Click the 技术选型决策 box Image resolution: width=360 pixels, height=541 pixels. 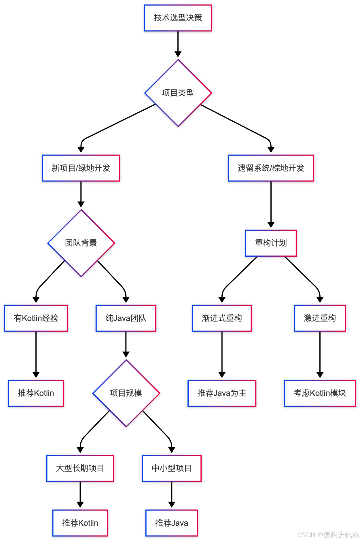tap(178, 18)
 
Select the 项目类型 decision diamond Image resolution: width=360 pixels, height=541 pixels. tap(178, 93)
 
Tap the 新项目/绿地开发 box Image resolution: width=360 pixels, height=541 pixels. tap(81, 168)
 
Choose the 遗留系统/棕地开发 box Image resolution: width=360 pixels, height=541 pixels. tap(271, 168)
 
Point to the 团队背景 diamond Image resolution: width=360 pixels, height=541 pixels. tap(81, 243)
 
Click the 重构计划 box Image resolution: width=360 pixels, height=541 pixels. tap(271, 243)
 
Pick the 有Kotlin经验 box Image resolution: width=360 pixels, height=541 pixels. tap(36, 318)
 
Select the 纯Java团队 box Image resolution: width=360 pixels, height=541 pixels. tap(126, 318)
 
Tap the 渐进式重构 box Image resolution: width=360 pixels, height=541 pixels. tap(222, 318)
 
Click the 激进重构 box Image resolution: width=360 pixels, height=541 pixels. tap(320, 318)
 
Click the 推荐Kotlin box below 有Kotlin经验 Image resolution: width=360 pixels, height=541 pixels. tap(36, 393)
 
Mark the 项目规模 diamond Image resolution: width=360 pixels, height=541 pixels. tap(126, 393)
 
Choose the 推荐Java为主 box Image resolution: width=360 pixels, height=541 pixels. tap(222, 393)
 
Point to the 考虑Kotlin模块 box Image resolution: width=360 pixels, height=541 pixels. tap(320, 393)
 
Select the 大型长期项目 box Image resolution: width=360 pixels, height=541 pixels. tap(80, 468)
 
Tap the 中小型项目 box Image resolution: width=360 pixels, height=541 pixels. tap(172, 468)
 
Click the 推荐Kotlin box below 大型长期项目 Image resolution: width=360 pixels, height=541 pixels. tap(80, 523)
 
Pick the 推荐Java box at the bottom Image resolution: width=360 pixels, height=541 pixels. tap(172, 523)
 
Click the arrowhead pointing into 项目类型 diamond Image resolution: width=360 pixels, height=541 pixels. tap(178, 54)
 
